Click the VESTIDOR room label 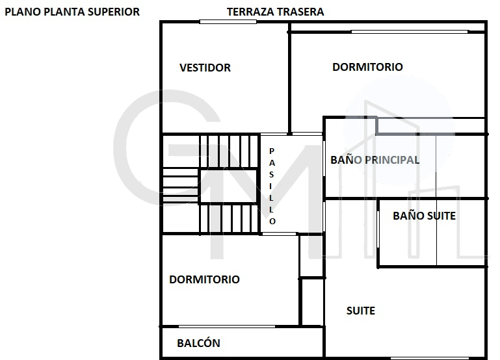(205, 68)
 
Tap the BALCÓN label (198, 343)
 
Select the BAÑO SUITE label (424, 216)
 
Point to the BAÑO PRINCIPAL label (375, 160)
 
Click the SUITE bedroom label (361, 311)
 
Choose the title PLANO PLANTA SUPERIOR (72, 12)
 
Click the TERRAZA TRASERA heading (275, 12)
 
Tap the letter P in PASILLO (272, 151)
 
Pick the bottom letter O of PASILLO (272, 221)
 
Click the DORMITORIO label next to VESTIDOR (367, 67)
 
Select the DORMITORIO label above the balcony (204, 279)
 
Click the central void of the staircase (228, 186)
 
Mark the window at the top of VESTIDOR (228, 21)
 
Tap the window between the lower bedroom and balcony (227, 327)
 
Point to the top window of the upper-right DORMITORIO (410, 32)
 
